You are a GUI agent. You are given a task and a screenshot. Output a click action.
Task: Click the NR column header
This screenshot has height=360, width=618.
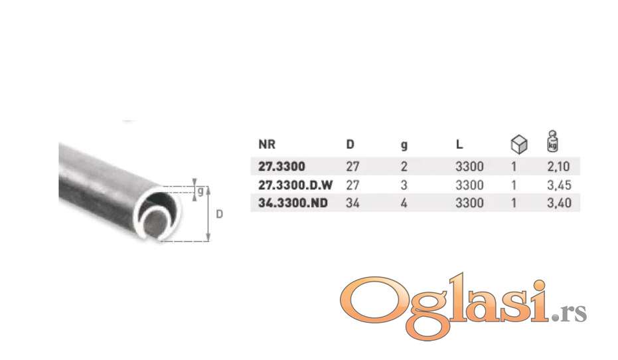[x=267, y=144]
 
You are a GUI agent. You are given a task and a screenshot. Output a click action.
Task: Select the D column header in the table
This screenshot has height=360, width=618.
[x=350, y=144]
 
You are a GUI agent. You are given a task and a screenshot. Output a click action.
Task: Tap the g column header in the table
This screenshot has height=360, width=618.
[x=404, y=145]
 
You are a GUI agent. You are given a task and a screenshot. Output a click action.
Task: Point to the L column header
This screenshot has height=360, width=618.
[x=459, y=144]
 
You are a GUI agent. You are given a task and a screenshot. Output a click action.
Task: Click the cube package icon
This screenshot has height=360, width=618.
[x=518, y=144]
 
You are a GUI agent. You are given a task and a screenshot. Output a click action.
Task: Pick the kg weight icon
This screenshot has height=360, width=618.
[x=552, y=141]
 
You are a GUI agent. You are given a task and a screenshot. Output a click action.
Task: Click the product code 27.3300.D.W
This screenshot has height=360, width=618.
[x=295, y=185]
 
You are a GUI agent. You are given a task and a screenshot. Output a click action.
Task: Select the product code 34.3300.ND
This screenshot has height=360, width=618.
[x=293, y=203]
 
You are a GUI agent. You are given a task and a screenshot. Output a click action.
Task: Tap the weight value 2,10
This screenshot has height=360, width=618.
[x=558, y=167]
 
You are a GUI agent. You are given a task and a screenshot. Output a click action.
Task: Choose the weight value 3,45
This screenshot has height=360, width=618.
[x=559, y=185]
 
